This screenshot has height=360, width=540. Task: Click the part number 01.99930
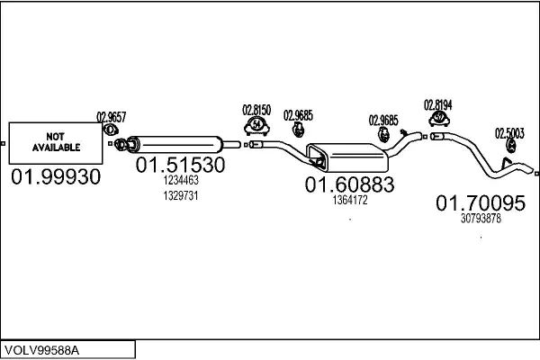56,178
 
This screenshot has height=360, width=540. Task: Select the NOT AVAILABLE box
56,141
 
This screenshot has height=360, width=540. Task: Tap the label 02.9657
111,116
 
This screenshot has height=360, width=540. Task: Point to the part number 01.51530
180,166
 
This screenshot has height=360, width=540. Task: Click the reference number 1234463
180,181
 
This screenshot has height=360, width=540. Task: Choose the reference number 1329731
180,195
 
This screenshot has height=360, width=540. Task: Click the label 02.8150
256,110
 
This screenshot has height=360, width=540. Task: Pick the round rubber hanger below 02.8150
257,124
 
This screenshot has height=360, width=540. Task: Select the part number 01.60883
349,184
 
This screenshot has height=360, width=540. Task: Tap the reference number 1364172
349,200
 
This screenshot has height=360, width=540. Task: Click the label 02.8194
437,104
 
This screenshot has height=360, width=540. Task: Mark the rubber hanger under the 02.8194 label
438,118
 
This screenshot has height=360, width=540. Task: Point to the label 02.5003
508,132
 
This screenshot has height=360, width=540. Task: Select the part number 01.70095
480,203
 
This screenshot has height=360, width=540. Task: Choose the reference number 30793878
480,219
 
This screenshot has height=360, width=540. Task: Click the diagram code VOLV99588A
41,348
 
